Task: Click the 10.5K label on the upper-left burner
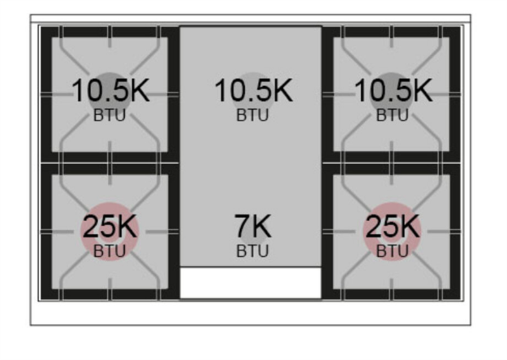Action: pos(110,91)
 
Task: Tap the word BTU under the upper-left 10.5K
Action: pos(109,115)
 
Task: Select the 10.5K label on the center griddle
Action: pos(254,91)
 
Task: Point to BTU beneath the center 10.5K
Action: pos(252,115)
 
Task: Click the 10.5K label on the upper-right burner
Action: pos(394,91)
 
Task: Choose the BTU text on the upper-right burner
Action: pos(392,115)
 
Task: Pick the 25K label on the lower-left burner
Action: pos(110,227)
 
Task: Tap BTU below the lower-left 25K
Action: pos(109,252)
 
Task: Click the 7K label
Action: pos(253,227)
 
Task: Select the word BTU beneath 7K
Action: pos(252,252)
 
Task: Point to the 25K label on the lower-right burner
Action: pos(392,227)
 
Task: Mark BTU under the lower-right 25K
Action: pos(392,252)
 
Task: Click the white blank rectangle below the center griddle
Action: pos(250,283)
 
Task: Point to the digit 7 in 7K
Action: pos(242,227)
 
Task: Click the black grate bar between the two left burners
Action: pos(110,163)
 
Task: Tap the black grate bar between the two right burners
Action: pos(391,163)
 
